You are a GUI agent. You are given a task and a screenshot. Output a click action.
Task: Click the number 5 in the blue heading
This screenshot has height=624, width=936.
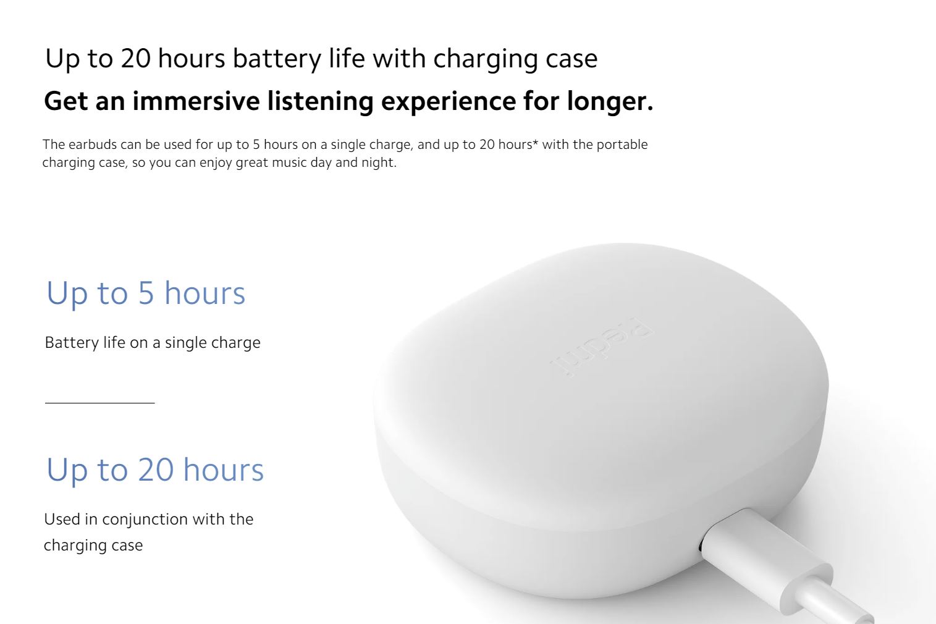click(x=146, y=293)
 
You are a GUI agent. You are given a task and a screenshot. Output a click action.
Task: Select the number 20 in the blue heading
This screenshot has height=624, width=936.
click(x=156, y=470)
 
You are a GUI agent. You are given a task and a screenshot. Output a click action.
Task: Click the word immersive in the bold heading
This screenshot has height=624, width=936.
click(x=196, y=101)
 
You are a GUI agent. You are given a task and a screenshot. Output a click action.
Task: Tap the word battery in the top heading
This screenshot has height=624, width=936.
click(x=277, y=59)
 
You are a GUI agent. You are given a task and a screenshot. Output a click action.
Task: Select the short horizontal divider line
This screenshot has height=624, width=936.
click(x=100, y=403)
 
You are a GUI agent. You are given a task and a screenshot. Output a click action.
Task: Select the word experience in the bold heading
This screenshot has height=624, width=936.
click(x=449, y=102)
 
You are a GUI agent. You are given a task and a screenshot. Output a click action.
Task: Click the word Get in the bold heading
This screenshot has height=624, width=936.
click(x=65, y=101)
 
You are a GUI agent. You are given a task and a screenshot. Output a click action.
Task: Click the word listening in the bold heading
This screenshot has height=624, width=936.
click(x=320, y=101)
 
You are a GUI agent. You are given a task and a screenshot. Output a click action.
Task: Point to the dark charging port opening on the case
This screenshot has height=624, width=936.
click(x=701, y=546)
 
